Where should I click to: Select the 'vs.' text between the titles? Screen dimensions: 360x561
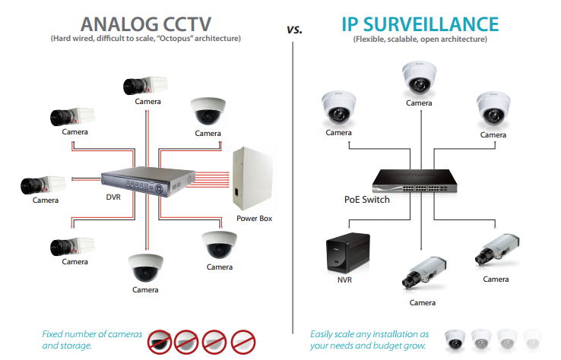point(295,30)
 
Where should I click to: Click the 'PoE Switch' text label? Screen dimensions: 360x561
point(361,200)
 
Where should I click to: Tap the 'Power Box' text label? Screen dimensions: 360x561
point(254,218)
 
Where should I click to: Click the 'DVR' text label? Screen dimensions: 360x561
point(114,196)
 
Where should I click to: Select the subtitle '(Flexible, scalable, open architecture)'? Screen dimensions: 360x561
point(420,39)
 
